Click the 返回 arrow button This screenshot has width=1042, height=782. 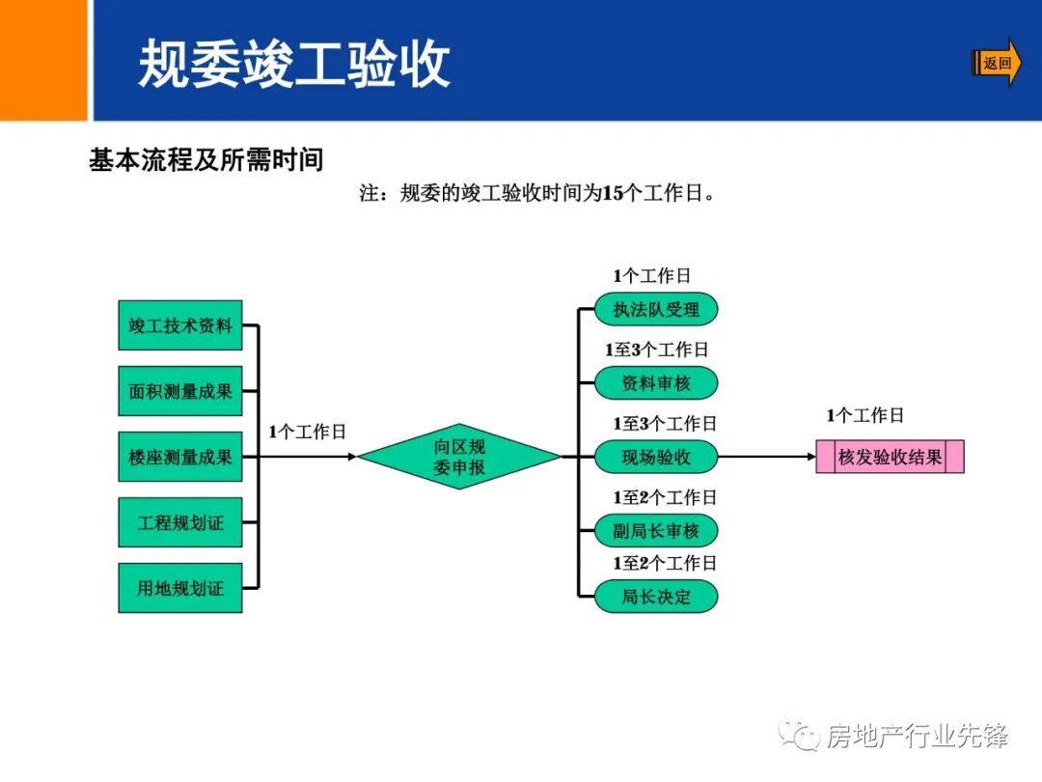(x=996, y=64)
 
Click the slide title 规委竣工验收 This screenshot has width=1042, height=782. (x=294, y=64)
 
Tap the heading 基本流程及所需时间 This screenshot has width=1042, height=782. (x=206, y=159)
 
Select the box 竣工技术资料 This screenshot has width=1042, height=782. (x=180, y=326)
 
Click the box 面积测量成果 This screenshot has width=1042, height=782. (x=180, y=392)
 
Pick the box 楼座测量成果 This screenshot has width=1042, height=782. (x=180, y=457)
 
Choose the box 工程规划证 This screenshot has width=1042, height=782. (x=180, y=522)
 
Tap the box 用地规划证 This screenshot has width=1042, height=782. (x=180, y=587)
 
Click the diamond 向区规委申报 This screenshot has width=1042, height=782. (x=459, y=458)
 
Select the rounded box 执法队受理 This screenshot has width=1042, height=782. (x=656, y=310)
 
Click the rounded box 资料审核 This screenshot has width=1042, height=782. (x=656, y=383)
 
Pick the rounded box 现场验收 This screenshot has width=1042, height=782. (x=656, y=458)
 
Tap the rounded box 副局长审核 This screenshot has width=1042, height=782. (x=656, y=530)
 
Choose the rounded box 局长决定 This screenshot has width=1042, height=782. (x=656, y=597)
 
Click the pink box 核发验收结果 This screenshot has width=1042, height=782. (x=890, y=458)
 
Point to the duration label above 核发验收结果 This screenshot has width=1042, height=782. (x=864, y=416)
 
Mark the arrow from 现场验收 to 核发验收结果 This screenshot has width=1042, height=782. (x=767, y=458)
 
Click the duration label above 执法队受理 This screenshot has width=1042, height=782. (x=652, y=276)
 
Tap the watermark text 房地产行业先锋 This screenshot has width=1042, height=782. (x=917, y=738)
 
